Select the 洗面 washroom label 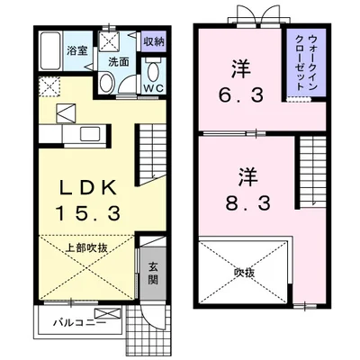(120, 62)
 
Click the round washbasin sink (106, 84)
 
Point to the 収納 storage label (153, 41)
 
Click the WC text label (154, 89)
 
